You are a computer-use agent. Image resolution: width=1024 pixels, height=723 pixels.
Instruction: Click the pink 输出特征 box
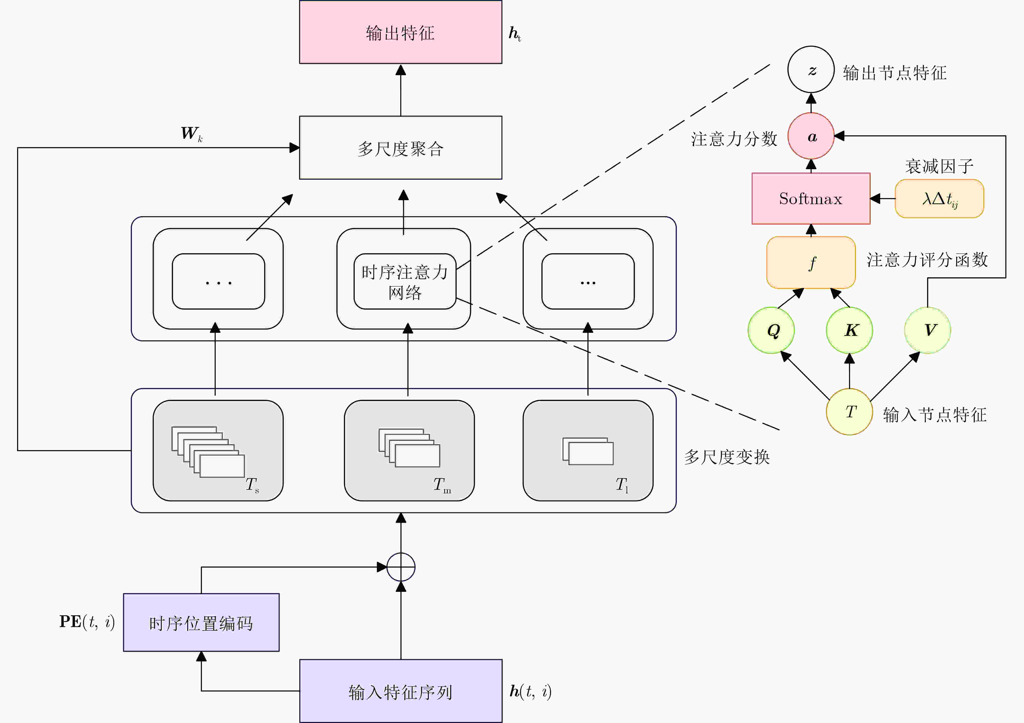pos(401,32)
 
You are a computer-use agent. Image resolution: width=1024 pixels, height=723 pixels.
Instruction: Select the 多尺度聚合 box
pos(401,148)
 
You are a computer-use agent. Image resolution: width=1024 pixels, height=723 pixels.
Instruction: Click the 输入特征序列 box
pos(401,691)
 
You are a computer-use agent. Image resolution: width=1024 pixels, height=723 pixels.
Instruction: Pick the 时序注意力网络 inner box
pos(405,281)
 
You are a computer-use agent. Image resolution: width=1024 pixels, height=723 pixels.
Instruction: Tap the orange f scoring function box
pos(811,262)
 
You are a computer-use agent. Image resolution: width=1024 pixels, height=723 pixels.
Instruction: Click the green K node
pos(850,330)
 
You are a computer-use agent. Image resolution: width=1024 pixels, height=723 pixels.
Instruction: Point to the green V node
pos(928,330)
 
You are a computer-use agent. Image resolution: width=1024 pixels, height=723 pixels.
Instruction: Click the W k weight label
pos(192,133)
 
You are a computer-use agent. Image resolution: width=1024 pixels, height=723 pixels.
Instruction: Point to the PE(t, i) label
pos(87,622)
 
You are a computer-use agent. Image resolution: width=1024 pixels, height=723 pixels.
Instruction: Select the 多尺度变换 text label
pos(727,457)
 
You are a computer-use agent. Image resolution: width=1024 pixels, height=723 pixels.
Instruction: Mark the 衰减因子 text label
pos(939,166)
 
